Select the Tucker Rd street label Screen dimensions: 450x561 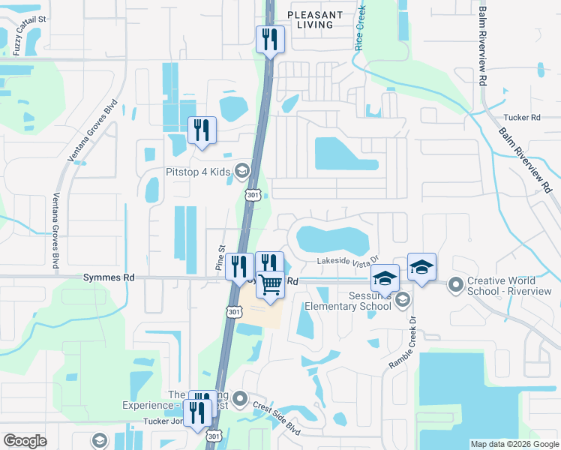coord(522,118)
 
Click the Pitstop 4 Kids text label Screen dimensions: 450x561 coord(197,172)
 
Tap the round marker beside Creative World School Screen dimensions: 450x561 coord(455,285)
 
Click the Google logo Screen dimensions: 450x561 coord(25,441)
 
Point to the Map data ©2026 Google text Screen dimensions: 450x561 coord(513,444)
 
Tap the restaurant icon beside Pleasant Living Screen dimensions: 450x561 coord(270,39)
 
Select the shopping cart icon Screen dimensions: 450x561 coord(271,285)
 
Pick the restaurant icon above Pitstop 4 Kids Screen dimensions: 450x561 coord(201,130)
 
